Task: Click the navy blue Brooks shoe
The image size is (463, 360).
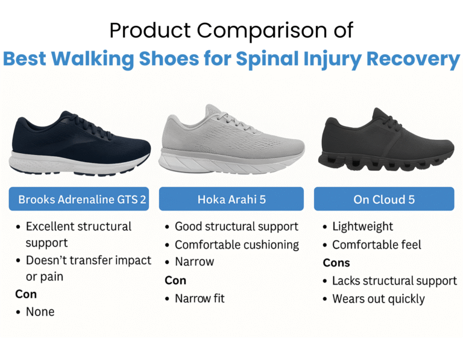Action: pos(80,145)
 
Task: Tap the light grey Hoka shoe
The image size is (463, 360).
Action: pos(231,141)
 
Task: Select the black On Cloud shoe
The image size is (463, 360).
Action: pos(386,141)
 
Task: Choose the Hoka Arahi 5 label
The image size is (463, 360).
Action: pos(231,199)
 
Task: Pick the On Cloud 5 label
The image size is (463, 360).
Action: pos(384,199)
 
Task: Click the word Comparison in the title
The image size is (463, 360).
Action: pos(262,30)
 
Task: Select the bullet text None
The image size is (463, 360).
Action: pos(40,312)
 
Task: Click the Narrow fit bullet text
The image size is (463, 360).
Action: pos(200,298)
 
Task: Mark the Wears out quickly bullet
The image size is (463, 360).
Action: pos(379,299)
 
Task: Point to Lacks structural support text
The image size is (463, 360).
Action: pos(394,281)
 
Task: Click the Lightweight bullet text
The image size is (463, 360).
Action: pos(362,227)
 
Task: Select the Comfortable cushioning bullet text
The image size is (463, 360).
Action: pos(237,245)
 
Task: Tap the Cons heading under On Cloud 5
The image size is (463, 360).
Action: pos(336,263)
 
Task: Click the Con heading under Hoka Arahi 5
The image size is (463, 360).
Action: pos(175,280)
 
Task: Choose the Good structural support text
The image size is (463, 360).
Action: pos(236,227)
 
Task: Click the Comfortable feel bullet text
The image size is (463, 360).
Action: pos(377,245)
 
